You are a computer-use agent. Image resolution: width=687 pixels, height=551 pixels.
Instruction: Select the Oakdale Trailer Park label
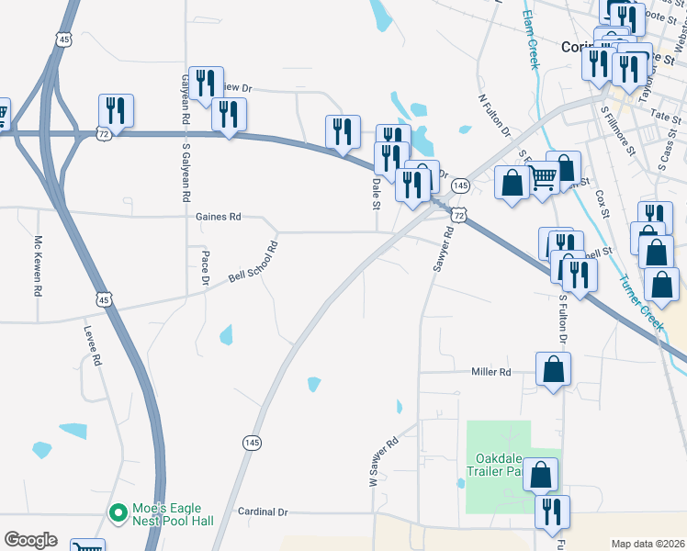pyautogui.click(x=501, y=465)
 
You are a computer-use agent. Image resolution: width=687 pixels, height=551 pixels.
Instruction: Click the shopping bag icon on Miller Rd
pyautogui.click(x=554, y=370)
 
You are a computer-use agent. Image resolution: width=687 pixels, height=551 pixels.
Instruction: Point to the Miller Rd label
pyautogui.click(x=490, y=372)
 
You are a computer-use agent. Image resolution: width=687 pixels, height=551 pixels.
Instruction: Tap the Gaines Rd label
pyautogui.click(x=218, y=218)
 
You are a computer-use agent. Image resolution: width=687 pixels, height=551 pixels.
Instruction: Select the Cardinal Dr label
pyautogui.click(x=263, y=512)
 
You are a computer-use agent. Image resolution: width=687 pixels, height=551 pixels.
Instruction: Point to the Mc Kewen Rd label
pyautogui.click(x=39, y=266)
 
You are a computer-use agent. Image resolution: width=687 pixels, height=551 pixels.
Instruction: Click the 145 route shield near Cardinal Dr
pyautogui.click(x=253, y=443)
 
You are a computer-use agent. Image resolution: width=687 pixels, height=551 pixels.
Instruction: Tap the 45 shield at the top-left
pyautogui.click(x=62, y=39)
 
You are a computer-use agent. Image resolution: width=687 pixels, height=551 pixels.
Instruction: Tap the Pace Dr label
pyautogui.click(x=206, y=267)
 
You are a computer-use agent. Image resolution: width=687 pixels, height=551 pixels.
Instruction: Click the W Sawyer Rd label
pyautogui.click(x=383, y=462)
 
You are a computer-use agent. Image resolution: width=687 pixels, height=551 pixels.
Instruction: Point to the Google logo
pyautogui.click(x=30, y=540)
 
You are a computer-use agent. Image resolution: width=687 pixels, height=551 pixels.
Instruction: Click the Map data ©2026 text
pyautogui.click(x=648, y=544)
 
